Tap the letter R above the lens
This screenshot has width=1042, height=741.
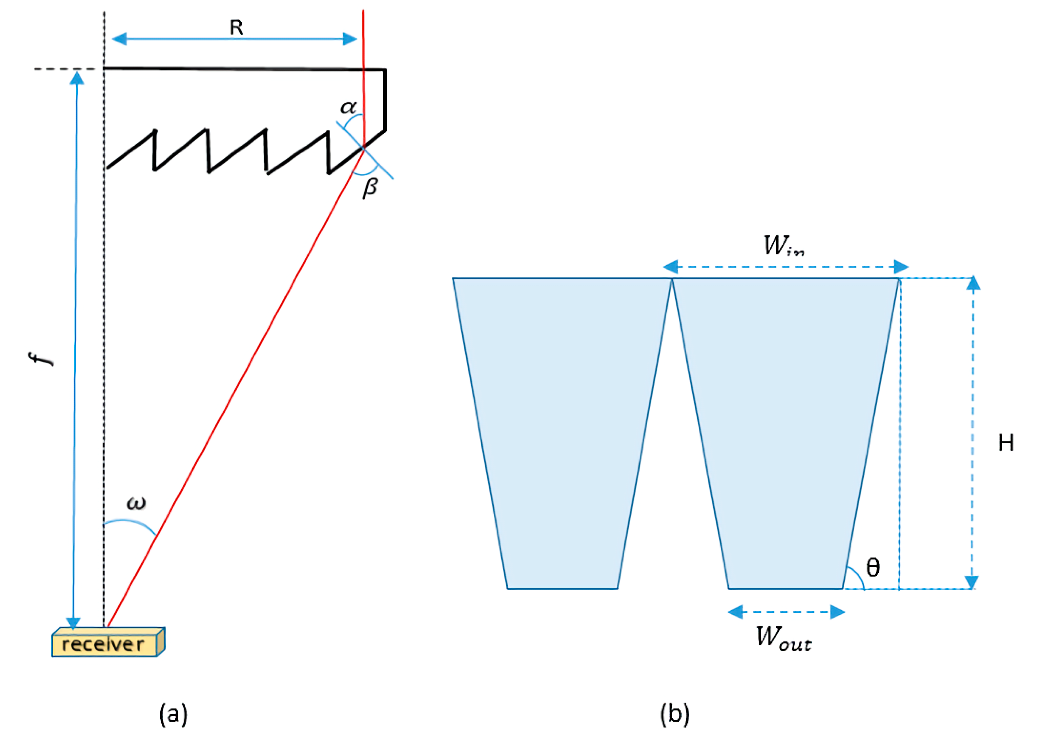coord(236,28)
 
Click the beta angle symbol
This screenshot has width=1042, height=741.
coord(370,187)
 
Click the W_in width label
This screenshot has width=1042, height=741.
coord(783,246)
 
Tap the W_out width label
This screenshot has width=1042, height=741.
coord(783,637)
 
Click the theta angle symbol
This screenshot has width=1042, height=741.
coord(872,568)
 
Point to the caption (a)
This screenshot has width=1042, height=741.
coord(173,714)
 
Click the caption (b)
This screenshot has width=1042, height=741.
coord(675,714)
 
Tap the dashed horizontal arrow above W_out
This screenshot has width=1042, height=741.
coord(786,612)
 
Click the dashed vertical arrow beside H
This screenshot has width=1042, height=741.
coord(973,433)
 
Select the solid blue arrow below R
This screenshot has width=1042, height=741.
coord(234,39)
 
